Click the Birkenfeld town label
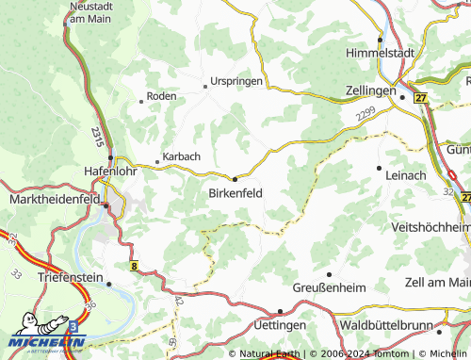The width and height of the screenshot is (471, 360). (235, 193)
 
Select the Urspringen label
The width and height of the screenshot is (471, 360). (236, 81)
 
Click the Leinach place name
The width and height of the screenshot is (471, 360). (407, 175)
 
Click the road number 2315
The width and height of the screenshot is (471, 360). (97, 134)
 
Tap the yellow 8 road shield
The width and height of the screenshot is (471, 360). (136, 267)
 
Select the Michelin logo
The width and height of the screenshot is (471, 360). (47, 336)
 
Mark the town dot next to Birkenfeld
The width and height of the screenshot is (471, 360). (235, 177)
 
